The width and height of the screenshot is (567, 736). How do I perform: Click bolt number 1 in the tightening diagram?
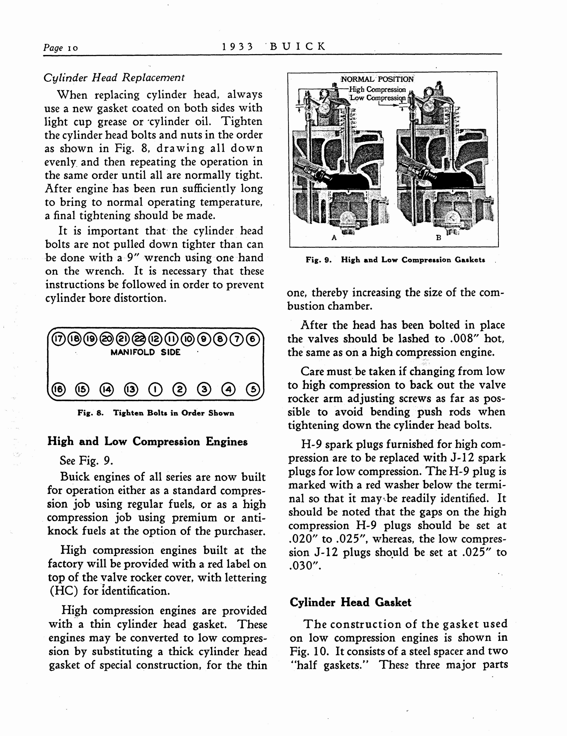pos(155,389)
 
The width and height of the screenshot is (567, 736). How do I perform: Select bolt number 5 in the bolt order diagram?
pos(253,389)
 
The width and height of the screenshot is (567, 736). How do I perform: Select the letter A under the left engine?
pos(334,238)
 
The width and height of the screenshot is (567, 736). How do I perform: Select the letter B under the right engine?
pos(438,238)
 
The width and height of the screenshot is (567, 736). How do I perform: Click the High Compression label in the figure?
pos(378,89)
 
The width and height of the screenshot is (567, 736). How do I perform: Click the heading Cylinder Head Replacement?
pos(114,78)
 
